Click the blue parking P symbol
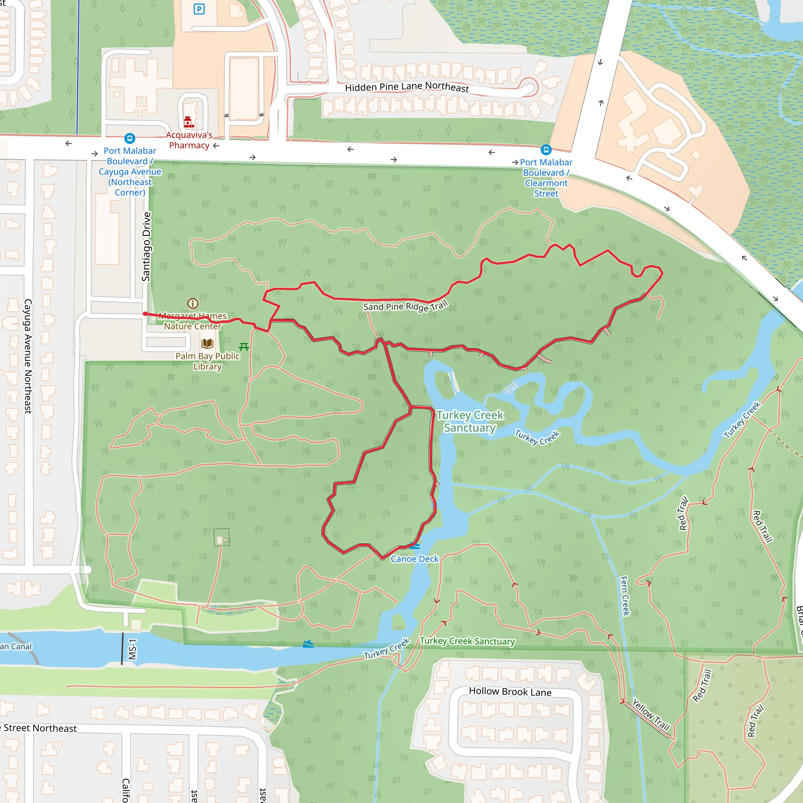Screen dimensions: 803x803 (199, 9)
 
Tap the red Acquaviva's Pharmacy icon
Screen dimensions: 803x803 (189, 122)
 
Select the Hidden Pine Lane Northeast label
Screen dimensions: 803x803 (407, 87)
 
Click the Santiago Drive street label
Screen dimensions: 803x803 (146, 247)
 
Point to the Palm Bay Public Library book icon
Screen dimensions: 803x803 (207, 343)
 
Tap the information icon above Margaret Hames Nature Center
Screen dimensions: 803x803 (193, 303)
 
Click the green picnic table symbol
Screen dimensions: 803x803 (244, 347)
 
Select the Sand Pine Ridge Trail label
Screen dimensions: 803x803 (405, 306)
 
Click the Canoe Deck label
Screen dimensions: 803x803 (414, 559)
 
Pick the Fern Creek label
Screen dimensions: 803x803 (625, 596)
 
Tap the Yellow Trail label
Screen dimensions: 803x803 (650, 714)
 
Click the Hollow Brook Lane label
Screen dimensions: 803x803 (510, 692)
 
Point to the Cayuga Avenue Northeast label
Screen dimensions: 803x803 (28, 356)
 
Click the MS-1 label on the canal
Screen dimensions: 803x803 (132, 649)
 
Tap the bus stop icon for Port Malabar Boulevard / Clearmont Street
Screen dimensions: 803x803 (546, 150)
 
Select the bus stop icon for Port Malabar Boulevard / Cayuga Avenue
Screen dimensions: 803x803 (130, 138)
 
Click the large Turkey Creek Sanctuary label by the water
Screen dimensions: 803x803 (470, 421)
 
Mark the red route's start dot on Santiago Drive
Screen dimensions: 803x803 (145, 314)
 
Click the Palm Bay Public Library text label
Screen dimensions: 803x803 (207, 361)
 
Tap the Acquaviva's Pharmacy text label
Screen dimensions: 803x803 (189, 140)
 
